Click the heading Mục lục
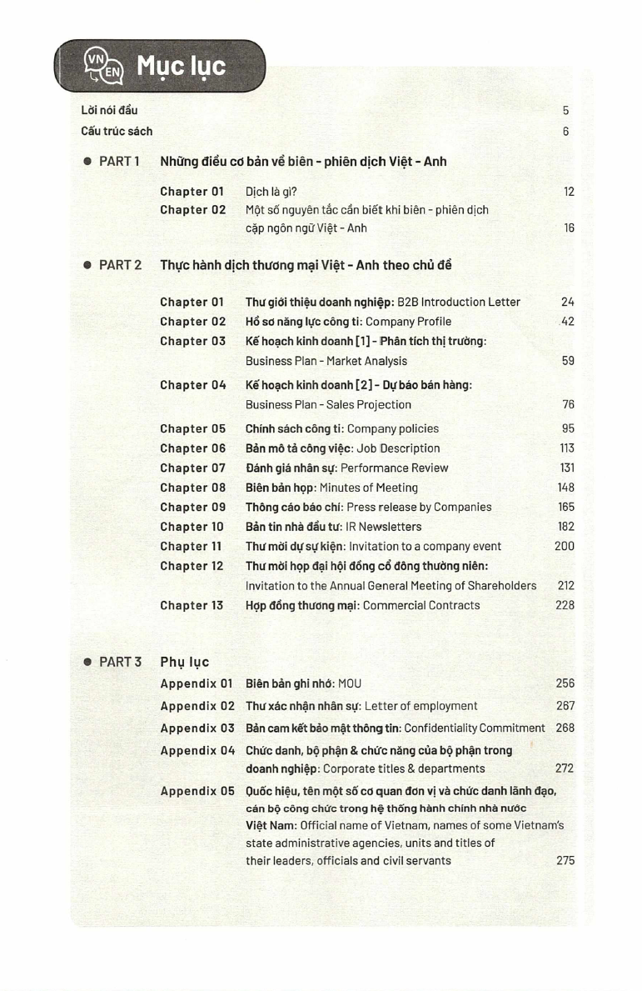(x=182, y=64)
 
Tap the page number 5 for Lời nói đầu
(x=565, y=110)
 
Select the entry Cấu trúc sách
(x=117, y=131)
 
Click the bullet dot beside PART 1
(x=87, y=161)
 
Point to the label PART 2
(x=120, y=265)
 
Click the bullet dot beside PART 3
(x=87, y=662)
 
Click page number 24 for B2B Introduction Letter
(x=568, y=302)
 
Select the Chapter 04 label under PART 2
(x=192, y=385)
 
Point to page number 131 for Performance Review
(x=567, y=468)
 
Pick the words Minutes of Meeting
(x=369, y=488)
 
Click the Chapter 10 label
(x=192, y=527)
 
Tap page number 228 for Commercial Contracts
(x=565, y=605)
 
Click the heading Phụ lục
(x=184, y=662)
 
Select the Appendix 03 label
(x=197, y=728)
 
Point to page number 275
(x=565, y=860)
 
